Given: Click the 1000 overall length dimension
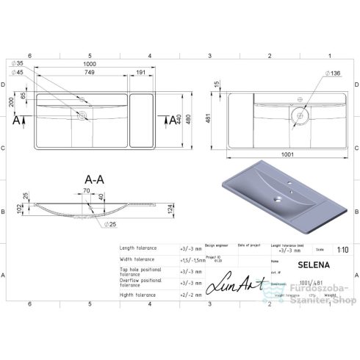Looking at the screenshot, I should pyautogui.click(x=89, y=64).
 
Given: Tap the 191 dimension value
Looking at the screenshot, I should pyautogui.click(x=140, y=72).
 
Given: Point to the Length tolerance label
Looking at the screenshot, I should pyautogui.click(x=137, y=248).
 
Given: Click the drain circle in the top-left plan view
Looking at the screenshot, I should pyautogui.click(x=81, y=115).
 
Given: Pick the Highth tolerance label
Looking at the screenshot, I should pyautogui.click(x=137, y=295).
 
